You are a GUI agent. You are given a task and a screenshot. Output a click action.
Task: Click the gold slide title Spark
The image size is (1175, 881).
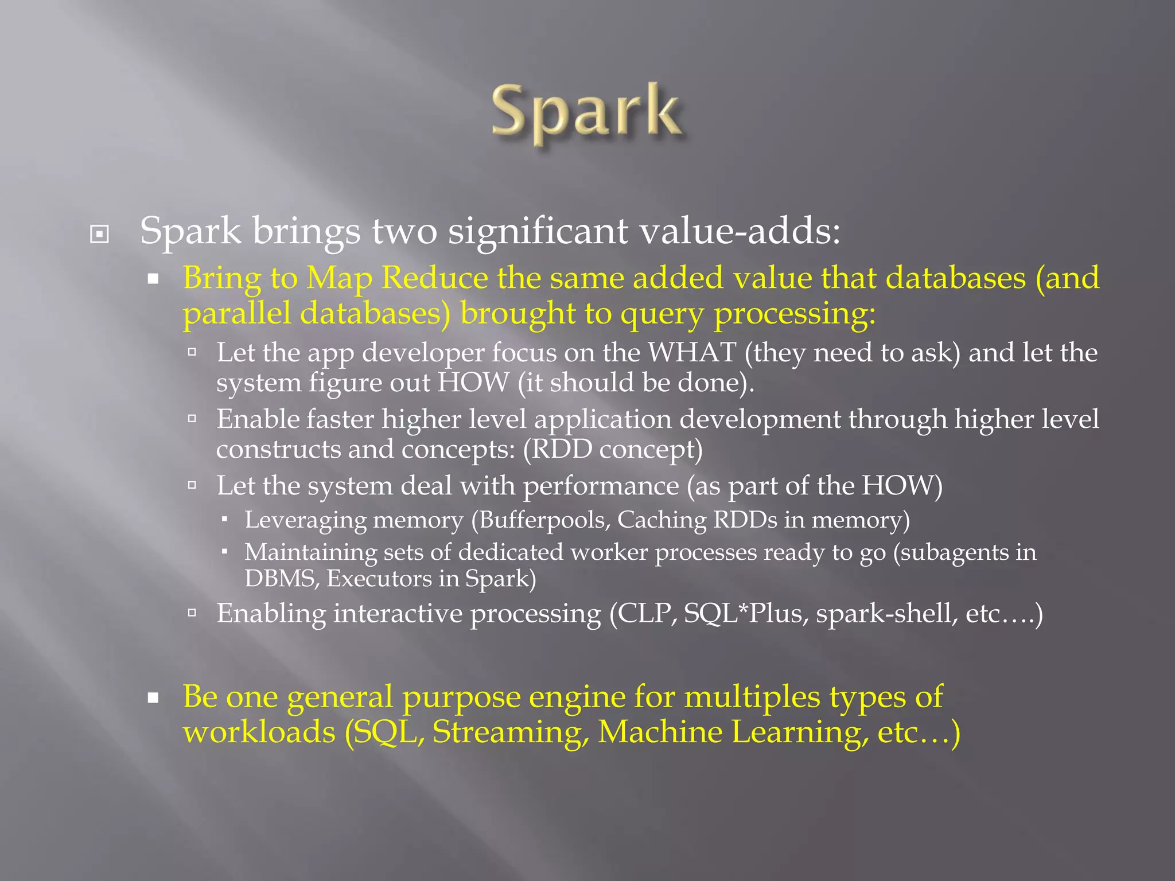tap(586, 112)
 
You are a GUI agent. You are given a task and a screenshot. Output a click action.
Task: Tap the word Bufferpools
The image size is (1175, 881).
tap(544, 520)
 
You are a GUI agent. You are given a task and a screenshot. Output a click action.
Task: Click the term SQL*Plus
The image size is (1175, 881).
tap(745, 614)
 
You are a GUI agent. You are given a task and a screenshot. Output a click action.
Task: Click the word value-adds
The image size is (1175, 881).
tap(740, 231)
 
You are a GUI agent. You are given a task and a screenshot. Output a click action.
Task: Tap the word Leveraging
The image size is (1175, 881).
tap(305, 520)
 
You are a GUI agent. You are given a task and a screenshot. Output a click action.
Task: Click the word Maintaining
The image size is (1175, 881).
tap(310, 552)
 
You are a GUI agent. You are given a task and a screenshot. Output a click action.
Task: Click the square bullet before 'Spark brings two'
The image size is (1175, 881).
tap(99, 234)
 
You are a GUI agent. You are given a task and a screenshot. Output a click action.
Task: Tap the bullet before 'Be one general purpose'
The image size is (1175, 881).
tap(153, 698)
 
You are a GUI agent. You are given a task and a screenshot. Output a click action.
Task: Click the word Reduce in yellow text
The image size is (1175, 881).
tap(434, 278)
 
